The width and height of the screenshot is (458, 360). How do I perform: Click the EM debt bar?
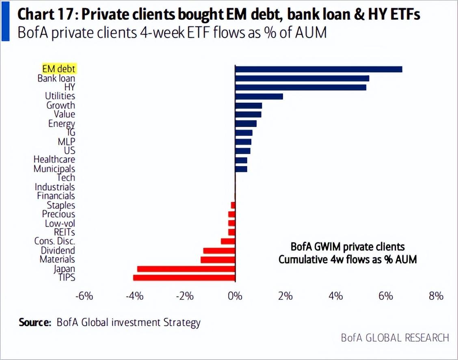319,69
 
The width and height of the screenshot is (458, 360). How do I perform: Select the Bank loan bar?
302,78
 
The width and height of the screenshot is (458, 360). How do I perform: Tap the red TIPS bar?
184,278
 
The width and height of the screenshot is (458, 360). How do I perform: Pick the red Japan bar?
186,269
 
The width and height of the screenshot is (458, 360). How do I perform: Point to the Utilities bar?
259,96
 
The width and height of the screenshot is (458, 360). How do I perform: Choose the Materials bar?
218,260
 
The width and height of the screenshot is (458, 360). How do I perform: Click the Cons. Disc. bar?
228,241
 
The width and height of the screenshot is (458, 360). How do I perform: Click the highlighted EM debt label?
59,69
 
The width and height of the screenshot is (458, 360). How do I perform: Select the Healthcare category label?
54,160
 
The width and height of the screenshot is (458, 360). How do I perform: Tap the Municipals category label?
54,169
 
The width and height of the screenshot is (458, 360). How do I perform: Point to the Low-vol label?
60,223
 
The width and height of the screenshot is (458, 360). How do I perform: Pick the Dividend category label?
58,250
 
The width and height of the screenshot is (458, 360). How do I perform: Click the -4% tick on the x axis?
135,296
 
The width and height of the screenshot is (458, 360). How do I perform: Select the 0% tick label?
235,296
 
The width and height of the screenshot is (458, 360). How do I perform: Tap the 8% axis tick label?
436,296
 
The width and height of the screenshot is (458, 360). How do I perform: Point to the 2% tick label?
285,296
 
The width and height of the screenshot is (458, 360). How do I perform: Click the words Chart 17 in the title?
45,14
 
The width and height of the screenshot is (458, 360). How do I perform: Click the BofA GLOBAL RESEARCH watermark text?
395,338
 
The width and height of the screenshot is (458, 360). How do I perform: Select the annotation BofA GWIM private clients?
348,247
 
